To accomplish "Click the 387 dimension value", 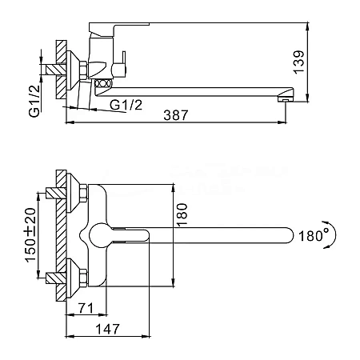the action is click(x=176, y=115).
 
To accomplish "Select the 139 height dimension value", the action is click(x=298, y=62).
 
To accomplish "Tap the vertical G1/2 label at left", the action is click(x=34, y=101).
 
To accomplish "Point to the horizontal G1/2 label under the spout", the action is click(x=126, y=105).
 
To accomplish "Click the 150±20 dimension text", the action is click(x=30, y=235).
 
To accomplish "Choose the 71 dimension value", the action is click(x=86, y=308).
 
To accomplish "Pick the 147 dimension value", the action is click(x=108, y=329).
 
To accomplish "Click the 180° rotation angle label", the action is click(x=311, y=236).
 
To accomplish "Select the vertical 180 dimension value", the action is click(x=182, y=215).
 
